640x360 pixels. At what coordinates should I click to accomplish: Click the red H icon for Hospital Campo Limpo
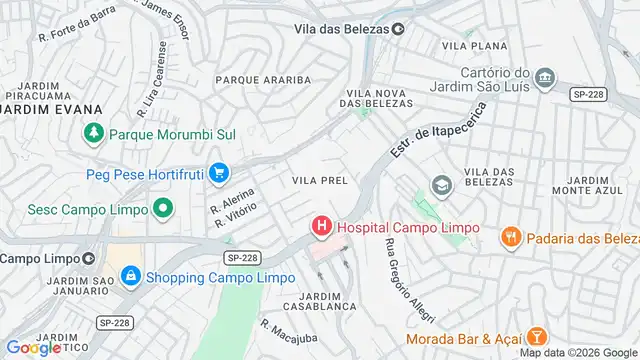321,227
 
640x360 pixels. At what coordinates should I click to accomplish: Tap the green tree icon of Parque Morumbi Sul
93,132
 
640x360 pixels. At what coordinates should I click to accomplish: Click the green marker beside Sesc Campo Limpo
162,209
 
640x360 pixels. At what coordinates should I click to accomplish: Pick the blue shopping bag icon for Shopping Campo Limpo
130,276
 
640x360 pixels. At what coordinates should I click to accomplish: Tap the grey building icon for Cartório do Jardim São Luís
544,77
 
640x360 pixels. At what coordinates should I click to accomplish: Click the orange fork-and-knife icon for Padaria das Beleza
510,236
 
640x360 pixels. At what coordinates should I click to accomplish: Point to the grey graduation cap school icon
440,185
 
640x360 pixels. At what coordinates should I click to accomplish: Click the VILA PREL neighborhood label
319,180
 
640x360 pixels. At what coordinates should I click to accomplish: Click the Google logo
33,347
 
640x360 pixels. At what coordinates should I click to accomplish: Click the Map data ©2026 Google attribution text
576,352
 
